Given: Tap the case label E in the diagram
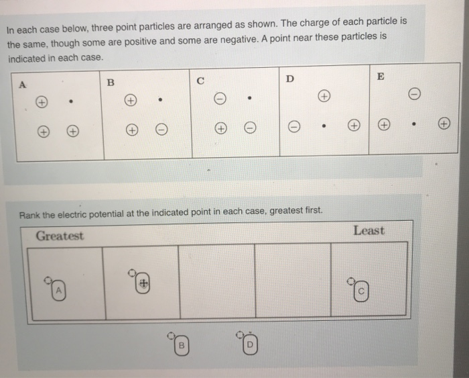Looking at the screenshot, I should coord(381,77).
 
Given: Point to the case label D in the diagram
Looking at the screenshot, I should coord(289,79).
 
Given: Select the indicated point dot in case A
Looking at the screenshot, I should coord(70,103).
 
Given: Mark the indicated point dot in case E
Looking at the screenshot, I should coord(415,124).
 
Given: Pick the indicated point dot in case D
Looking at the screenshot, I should coord(324,125).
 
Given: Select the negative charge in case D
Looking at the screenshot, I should coord(293,126).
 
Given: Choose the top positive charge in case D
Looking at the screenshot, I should coord(324,95).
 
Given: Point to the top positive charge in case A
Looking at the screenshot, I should coord(42,103).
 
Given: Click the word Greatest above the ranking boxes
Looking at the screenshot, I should coord(60,236).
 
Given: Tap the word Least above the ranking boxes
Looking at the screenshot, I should coord(368,230).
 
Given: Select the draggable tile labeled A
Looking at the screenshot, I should coord(58,289).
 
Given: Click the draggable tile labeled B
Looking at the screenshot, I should coord(180,344).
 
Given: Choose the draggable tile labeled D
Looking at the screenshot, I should coord(249,344).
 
